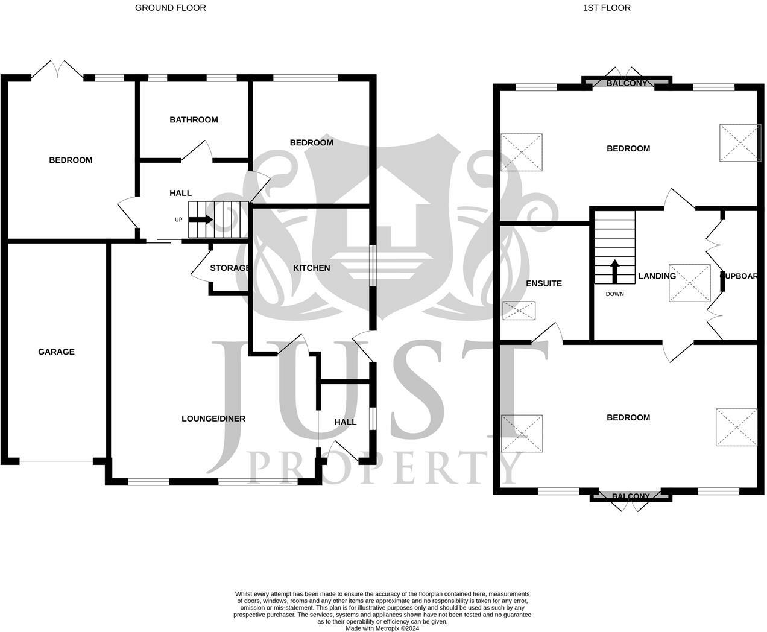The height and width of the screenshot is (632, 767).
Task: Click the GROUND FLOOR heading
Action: pyautogui.click(x=170, y=8)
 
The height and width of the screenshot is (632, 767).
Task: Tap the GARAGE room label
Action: pyautogui.click(x=56, y=352)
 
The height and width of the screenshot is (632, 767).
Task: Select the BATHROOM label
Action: pyautogui.click(x=194, y=119)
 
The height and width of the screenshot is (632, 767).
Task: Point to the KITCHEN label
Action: pyautogui.click(x=311, y=268)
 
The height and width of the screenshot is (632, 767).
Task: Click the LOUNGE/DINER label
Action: pyautogui.click(x=213, y=419)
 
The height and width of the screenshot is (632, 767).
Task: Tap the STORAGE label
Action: pyautogui.click(x=229, y=268)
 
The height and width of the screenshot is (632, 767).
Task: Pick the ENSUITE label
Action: pyautogui.click(x=544, y=283)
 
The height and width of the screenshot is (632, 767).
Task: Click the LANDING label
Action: pyautogui.click(x=657, y=276)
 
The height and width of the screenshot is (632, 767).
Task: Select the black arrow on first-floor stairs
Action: pyautogui.click(x=614, y=271)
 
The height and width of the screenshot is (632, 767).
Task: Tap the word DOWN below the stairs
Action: pyautogui.click(x=615, y=294)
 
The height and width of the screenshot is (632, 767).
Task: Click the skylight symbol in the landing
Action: pyautogui.click(x=689, y=282)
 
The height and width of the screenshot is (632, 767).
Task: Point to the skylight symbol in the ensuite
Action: pyautogui.click(x=519, y=311)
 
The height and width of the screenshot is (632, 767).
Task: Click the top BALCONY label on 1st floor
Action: pyautogui.click(x=627, y=83)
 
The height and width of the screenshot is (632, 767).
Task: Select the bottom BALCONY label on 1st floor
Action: pyautogui.click(x=631, y=496)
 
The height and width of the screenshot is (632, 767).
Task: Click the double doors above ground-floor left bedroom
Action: pyautogui.click(x=57, y=69)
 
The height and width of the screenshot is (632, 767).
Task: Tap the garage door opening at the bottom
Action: pyautogui.click(x=56, y=462)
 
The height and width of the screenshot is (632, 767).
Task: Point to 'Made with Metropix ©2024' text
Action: pyautogui.click(x=382, y=628)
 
